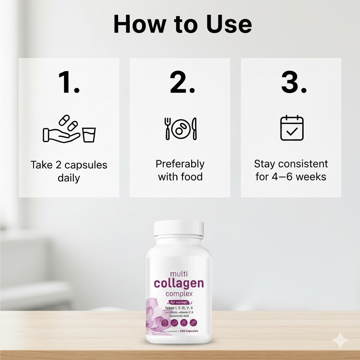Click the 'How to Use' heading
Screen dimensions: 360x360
tap(182, 25)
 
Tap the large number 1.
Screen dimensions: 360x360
tap(69, 83)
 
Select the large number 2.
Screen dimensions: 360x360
tap(182, 83)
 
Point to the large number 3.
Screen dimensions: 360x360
tap(294, 83)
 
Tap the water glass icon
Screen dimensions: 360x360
tap(89, 135)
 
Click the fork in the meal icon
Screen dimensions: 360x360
tap(168, 128)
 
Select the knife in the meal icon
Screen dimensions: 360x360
tap(194, 129)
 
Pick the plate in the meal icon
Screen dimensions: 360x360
tap(181, 129)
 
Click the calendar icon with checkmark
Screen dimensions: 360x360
tap(291, 128)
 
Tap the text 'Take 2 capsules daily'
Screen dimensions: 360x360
tap(69, 171)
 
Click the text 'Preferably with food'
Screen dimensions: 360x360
tap(180, 171)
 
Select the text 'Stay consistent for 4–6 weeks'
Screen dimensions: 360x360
tap(291, 170)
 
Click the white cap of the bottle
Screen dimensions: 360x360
tap(179, 229)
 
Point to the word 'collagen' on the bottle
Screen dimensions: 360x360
tap(179, 283)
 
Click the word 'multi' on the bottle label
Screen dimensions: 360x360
tap(179, 274)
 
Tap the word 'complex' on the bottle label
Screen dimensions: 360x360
tap(179, 294)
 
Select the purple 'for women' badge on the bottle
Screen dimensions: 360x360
tap(179, 302)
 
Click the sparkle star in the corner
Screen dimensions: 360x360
tap(340, 340)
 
